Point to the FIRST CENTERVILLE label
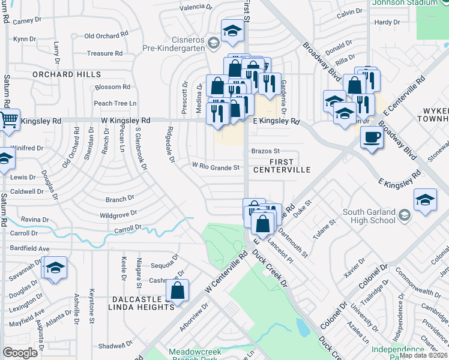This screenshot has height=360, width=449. (289, 166)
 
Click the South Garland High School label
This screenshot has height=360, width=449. (378, 216)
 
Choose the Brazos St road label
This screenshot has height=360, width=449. (265, 151)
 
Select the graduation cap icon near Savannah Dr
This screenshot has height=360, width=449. (55, 268)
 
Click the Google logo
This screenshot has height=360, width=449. (20, 353)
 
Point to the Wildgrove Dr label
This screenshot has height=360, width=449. (119, 213)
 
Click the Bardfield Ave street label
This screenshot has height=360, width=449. (29, 248)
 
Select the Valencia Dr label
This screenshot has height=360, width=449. (197, 8)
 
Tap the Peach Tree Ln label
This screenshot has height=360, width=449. (115, 103)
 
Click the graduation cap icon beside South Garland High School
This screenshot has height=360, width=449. (425, 200)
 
